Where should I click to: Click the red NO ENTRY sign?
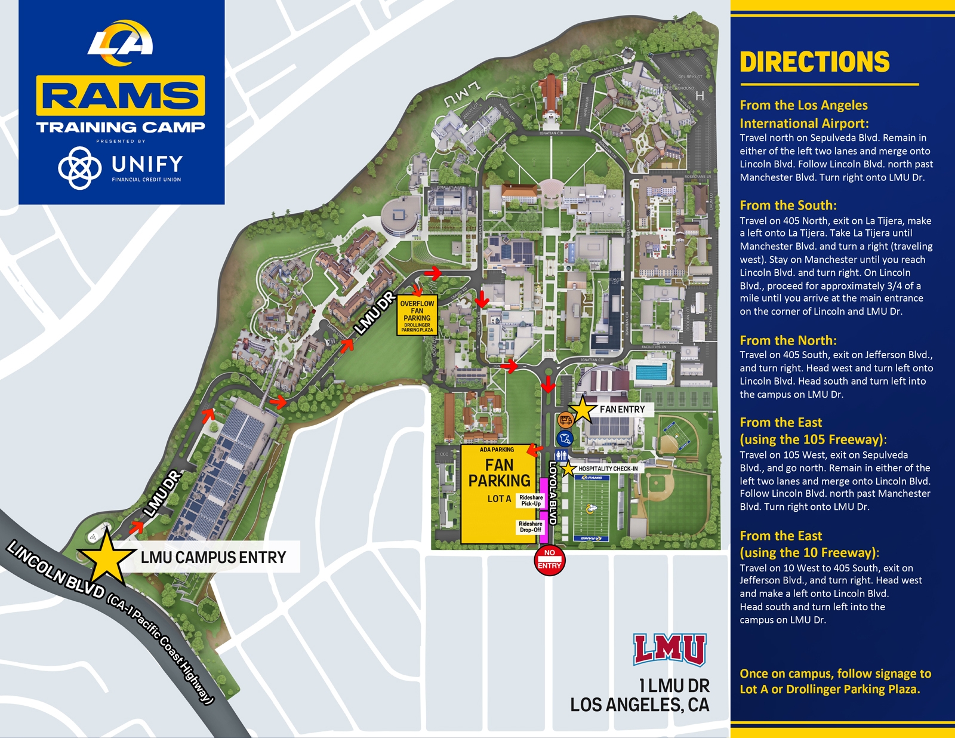click(x=549, y=560)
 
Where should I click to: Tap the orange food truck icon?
click(x=565, y=420)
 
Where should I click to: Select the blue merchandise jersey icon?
click(x=565, y=439)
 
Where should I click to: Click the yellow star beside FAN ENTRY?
click(x=583, y=410)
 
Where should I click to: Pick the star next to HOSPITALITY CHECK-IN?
click(x=568, y=469)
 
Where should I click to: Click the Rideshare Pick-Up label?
click(x=531, y=500)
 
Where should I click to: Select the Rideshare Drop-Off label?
click(x=530, y=527)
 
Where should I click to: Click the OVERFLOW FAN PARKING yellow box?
click(x=417, y=315)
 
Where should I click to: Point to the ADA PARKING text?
click(x=497, y=450)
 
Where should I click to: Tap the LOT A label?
click(x=499, y=499)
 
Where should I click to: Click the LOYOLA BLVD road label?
click(x=553, y=493)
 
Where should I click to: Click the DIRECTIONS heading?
click(x=814, y=62)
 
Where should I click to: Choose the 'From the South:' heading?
click(x=788, y=205)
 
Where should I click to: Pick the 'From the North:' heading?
click(x=788, y=340)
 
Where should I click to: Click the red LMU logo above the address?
click(x=669, y=650)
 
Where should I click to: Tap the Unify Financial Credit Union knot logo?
click(x=79, y=167)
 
